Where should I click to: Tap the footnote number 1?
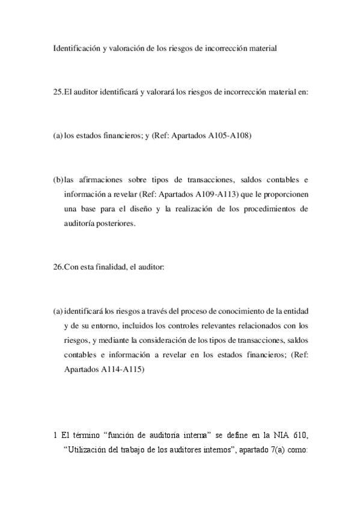[x=55, y=435]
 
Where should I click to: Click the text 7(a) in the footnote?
[x=274, y=450]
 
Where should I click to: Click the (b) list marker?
[x=58, y=180]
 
